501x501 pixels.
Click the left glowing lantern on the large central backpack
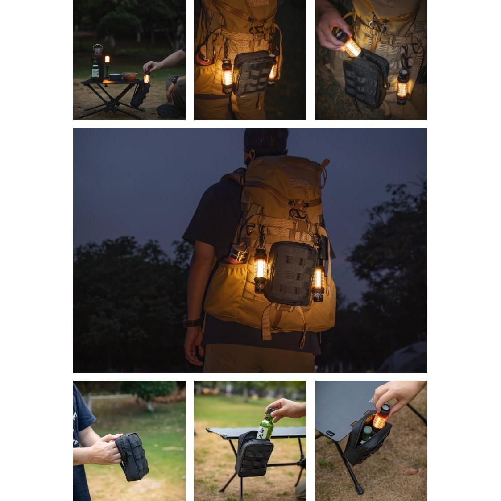(x=260, y=269)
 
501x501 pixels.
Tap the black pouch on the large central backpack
(x=290, y=273)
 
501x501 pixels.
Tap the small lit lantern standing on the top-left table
(x=107, y=60)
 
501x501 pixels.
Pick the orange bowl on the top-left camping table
(x=129, y=76)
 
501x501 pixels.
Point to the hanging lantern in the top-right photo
(x=402, y=87)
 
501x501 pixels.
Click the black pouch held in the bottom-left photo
(x=133, y=456)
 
